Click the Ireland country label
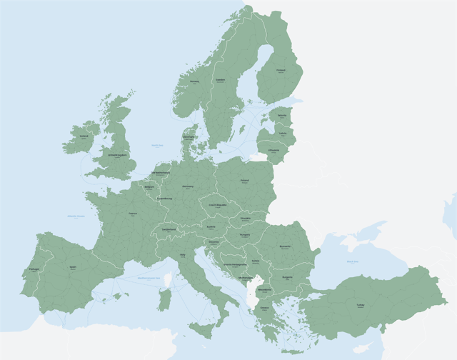click(84, 136)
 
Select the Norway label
click(194, 81)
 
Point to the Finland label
click(281, 70)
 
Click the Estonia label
click(282, 115)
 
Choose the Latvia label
click(283, 133)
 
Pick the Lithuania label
click(274, 151)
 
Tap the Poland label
click(245, 181)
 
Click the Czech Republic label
click(217, 205)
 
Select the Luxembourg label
click(165, 199)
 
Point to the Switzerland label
click(169, 229)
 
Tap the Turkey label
click(360, 305)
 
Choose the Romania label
click(285, 246)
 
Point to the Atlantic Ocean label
click(76, 215)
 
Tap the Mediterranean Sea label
click(149, 277)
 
